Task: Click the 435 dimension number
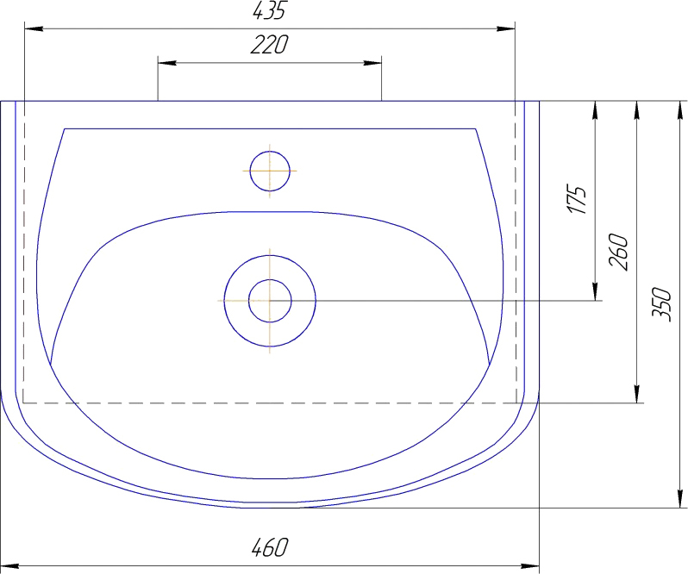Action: click(x=269, y=10)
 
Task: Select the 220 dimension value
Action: click(x=269, y=45)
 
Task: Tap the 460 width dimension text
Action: click(x=270, y=547)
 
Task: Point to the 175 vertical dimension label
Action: click(x=577, y=199)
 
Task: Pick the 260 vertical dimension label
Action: click(x=618, y=252)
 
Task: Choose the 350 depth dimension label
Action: click(x=661, y=304)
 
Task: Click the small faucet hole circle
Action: click(x=270, y=171)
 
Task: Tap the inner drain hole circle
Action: click(x=270, y=301)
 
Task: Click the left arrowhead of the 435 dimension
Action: click(x=34, y=29)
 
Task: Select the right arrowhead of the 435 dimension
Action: click(x=505, y=29)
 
